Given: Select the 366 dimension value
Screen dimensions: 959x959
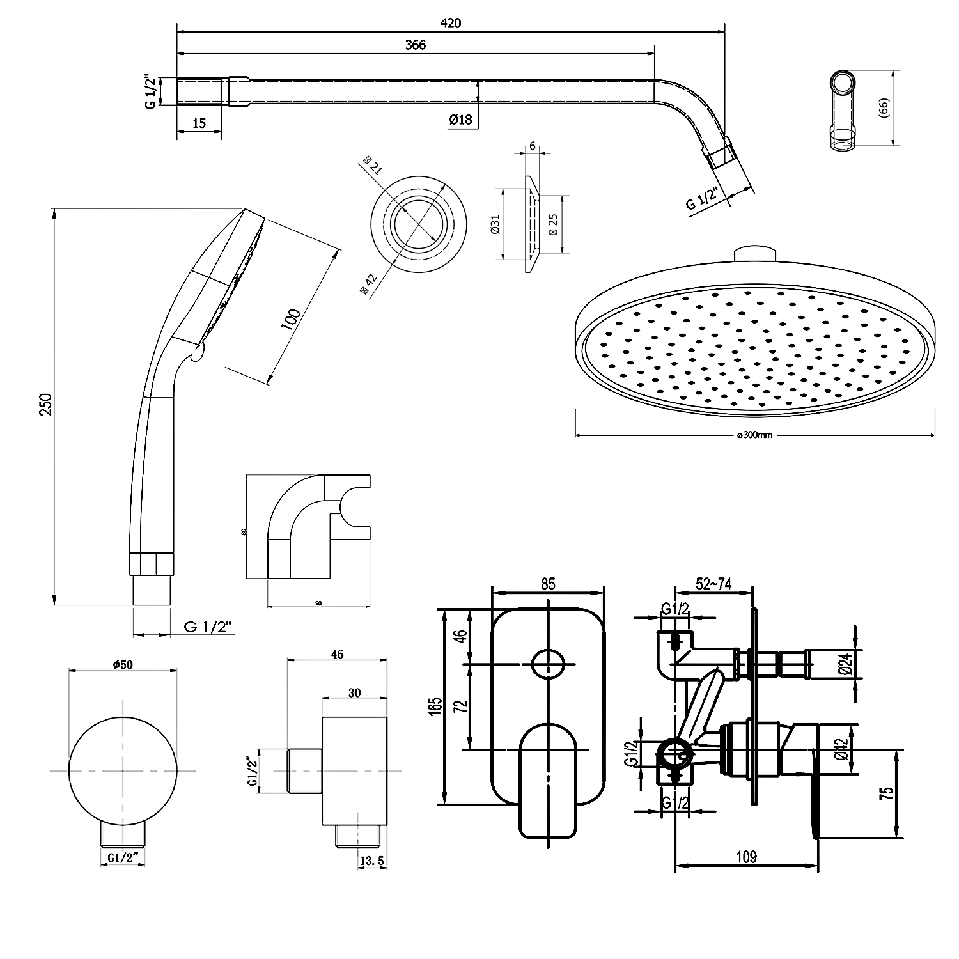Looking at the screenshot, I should (x=415, y=44).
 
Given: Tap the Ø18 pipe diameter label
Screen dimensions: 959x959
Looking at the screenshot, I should (x=460, y=119).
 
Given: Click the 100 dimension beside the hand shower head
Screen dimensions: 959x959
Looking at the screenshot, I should (x=291, y=318).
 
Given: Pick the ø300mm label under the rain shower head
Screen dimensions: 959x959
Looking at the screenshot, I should (x=755, y=435).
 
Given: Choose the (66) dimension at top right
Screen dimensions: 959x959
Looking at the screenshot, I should (x=885, y=107).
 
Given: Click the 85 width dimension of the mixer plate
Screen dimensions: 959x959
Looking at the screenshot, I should (x=548, y=584).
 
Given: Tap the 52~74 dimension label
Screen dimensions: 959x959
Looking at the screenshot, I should (x=713, y=584).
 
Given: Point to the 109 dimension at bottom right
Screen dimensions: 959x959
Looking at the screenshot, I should (x=747, y=857).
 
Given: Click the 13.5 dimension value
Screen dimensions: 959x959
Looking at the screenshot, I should (x=372, y=861).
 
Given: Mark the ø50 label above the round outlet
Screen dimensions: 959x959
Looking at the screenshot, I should (x=122, y=664).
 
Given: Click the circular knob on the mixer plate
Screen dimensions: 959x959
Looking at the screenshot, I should (x=548, y=664).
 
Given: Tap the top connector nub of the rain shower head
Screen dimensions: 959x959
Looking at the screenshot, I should (x=755, y=254).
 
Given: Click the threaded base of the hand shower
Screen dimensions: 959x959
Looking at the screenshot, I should (x=152, y=590).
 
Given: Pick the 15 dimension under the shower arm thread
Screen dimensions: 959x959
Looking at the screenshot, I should (x=199, y=123).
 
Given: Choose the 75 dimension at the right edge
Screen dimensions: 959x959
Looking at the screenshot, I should (x=887, y=793).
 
